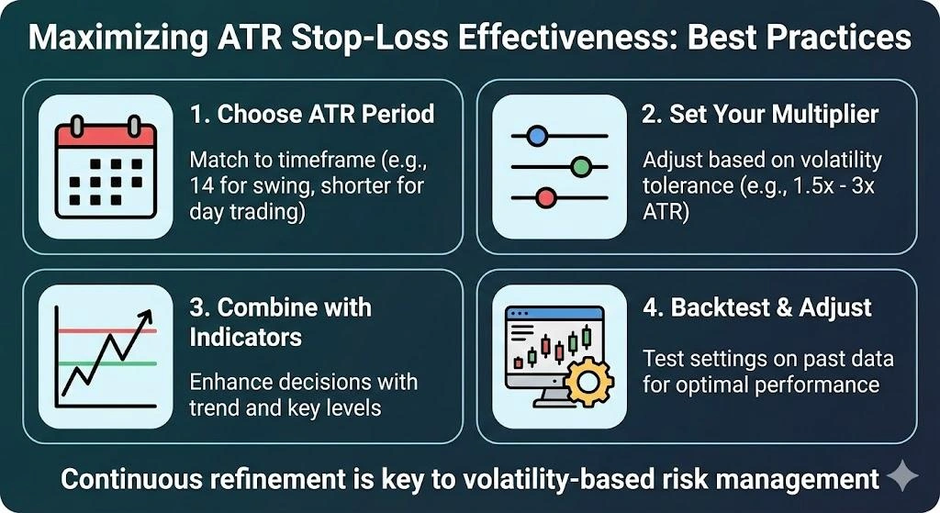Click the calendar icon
pyautogui.click(x=105, y=165)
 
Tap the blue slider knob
pyautogui.click(x=537, y=136)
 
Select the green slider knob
pyautogui.click(x=579, y=167)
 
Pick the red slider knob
pyautogui.click(x=546, y=197)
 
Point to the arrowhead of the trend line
pyautogui.click(x=143, y=318)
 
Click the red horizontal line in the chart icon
pyautogui.click(x=106, y=330)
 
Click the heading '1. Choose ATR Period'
pyautogui.click(x=312, y=115)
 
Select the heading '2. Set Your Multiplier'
pyautogui.click(x=760, y=115)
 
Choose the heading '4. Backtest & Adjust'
pyautogui.click(x=756, y=307)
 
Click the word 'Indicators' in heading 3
pyautogui.click(x=246, y=338)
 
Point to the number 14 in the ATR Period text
pyautogui.click(x=202, y=186)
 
